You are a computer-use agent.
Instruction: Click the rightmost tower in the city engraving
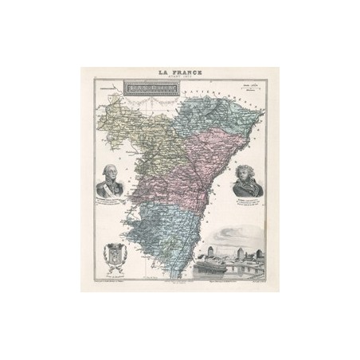(x=263, y=260)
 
